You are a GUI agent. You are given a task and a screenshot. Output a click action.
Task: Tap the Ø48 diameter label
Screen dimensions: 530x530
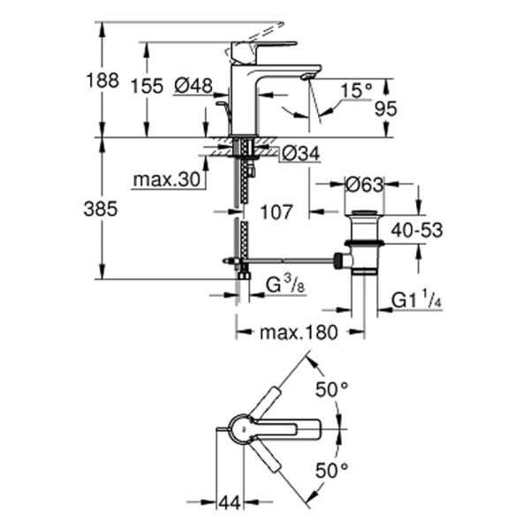coord(193,86)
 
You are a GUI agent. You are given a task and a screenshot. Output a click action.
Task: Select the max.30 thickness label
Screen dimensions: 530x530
coord(165,180)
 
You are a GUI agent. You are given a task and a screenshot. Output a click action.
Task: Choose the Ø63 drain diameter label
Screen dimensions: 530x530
coord(364,185)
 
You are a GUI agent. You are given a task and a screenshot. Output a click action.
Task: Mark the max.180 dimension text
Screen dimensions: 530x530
coord(300,334)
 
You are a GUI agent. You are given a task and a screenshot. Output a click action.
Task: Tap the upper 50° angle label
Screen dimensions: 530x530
coord(334,389)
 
